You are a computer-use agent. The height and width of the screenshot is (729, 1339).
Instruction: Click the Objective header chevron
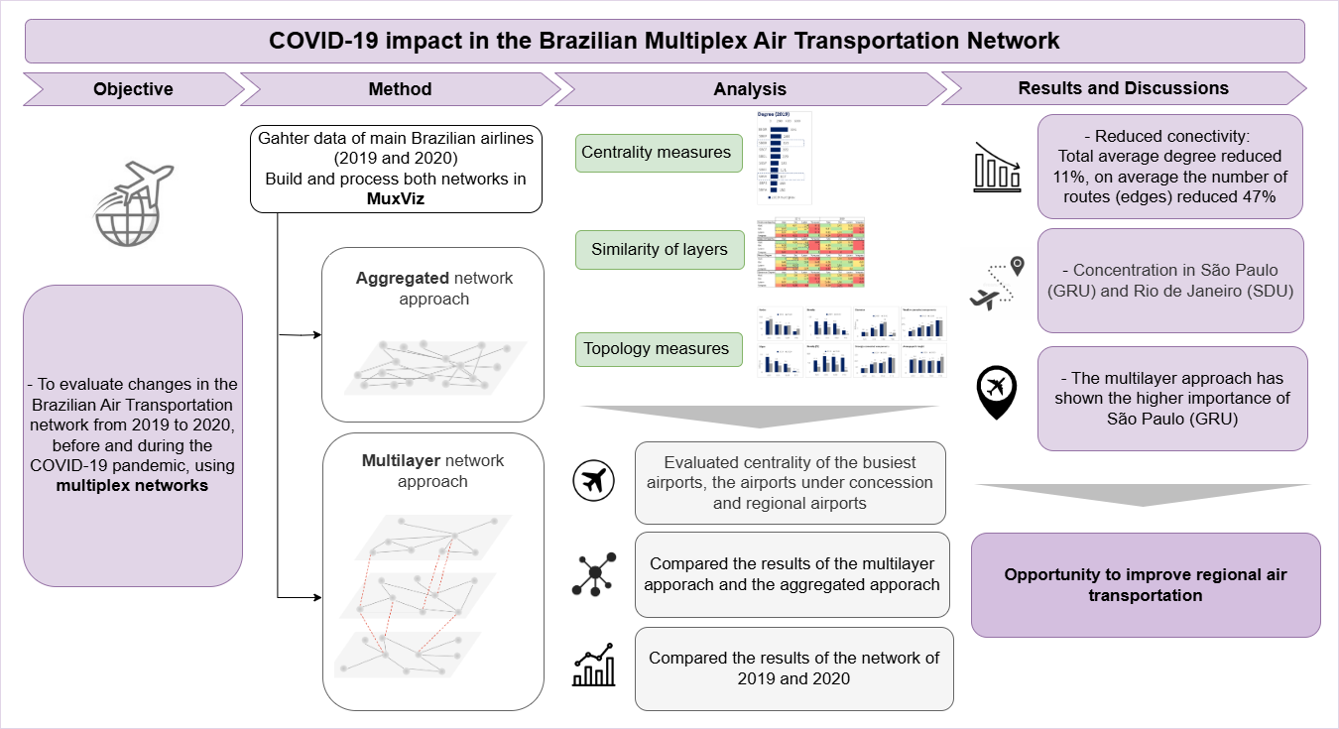133,89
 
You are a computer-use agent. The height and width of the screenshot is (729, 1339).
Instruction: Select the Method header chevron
400,89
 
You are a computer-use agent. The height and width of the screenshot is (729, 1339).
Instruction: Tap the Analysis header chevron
749,89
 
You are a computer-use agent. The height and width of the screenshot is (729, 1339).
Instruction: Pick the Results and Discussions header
1123,88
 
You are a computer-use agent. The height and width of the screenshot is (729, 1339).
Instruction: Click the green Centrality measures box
656,153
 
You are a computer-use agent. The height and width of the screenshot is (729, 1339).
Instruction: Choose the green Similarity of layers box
659,250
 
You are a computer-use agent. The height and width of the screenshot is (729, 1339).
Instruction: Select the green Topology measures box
656,349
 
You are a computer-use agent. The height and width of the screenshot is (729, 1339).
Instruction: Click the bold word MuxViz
396,199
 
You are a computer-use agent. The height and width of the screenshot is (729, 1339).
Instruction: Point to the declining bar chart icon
997,166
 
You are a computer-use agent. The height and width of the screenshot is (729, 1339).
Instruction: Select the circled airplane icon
594,482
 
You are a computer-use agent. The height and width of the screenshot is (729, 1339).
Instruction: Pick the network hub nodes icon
594,574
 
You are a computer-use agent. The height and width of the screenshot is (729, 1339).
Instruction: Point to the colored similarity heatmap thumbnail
810,252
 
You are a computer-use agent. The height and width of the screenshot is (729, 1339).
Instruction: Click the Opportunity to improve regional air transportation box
1146,585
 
